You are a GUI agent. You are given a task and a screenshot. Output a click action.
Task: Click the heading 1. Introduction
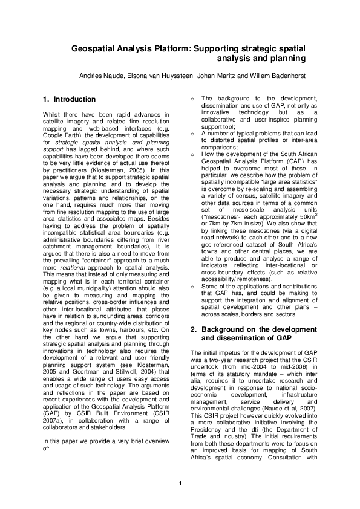[66, 99]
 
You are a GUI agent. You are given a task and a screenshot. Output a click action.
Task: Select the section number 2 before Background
[193, 329]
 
